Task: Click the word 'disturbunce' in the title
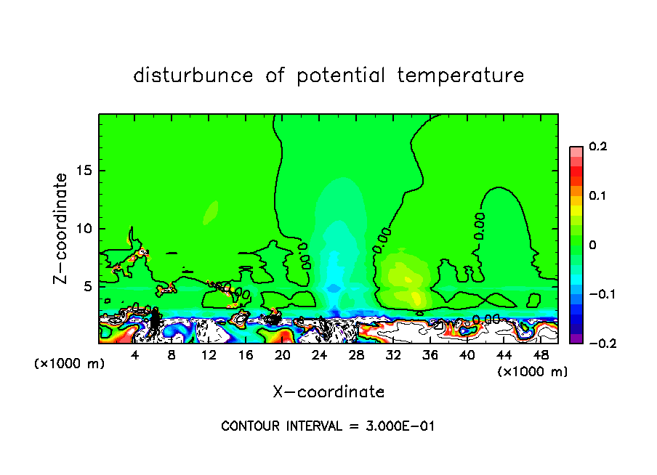(x=193, y=76)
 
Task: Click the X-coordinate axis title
(x=328, y=392)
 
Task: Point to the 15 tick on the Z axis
(x=85, y=171)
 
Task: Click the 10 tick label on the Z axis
(x=85, y=228)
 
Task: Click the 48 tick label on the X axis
(x=541, y=355)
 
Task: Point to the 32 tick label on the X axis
(x=393, y=355)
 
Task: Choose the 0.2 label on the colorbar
(x=597, y=147)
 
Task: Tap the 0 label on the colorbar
(x=592, y=245)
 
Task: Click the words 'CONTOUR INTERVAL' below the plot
(x=280, y=426)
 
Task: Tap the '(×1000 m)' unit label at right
(x=532, y=372)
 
